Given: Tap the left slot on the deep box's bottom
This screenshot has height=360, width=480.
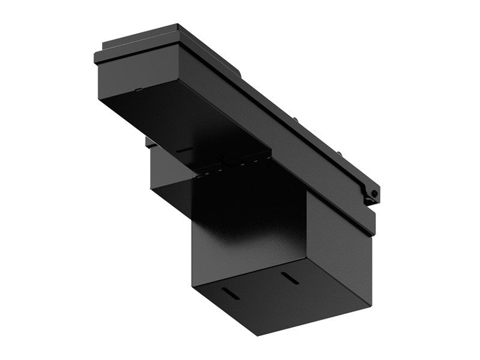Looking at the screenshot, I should [x=229, y=292].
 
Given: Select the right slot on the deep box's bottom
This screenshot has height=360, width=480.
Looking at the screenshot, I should [x=290, y=278].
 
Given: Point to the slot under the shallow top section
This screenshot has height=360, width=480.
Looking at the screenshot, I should [x=185, y=149].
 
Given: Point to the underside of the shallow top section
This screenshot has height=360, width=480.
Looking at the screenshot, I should [x=180, y=120].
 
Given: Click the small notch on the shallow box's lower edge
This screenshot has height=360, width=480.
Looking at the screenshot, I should [x=137, y=92].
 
